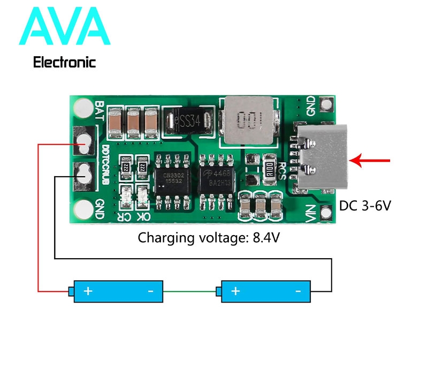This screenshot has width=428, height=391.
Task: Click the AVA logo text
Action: (64, 27)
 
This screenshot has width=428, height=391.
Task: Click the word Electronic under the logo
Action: (64, 62)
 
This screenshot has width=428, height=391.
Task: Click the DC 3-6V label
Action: (365, 205)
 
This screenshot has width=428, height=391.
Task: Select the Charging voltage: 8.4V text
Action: (209, 237)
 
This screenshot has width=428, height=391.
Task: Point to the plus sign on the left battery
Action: (88, 291)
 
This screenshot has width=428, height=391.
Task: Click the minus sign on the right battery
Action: (299, 291)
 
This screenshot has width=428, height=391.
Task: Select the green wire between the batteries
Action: (189, 291)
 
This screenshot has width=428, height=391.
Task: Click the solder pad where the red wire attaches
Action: (83, 141)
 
